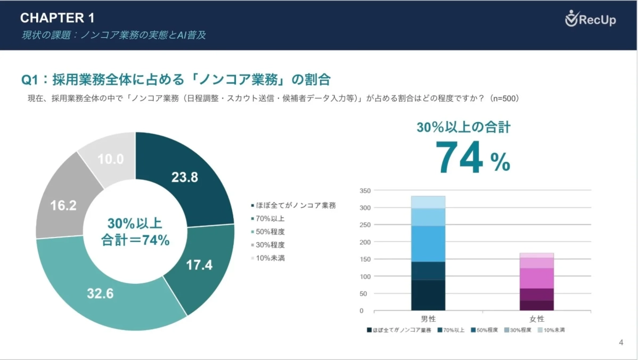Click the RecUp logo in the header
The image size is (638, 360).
pos(590,20)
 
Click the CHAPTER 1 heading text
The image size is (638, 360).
pos(58,18)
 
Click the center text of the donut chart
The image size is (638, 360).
pos(135,232)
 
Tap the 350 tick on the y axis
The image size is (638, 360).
pos(365,190)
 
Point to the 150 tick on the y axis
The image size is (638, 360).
pos(365,259)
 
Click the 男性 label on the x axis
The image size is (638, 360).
pos(428,318)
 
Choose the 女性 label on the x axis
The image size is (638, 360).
pos(537,318)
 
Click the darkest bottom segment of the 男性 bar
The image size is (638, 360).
pos(428,295)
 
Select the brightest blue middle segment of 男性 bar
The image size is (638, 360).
pos(428,243)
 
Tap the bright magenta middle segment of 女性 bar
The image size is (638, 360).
pos(537,278)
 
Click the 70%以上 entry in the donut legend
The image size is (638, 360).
pos(271,218)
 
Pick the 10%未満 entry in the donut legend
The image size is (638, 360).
pos(271,258)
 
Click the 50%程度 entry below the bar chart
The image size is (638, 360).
pos(485,330)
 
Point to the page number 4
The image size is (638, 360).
pos(621,342)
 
